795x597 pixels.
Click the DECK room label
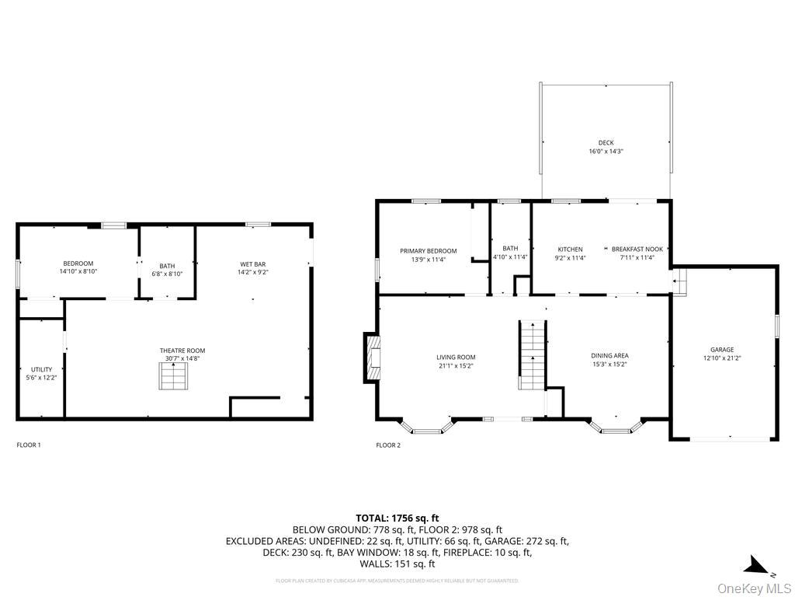606,143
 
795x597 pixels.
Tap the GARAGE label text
721,350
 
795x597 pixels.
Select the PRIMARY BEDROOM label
428,251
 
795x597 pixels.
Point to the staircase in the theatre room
173,379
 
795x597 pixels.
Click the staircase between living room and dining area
533,354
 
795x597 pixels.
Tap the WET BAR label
253,264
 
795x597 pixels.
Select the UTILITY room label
42,369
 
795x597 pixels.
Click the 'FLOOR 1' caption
29,445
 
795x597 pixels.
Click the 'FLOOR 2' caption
388,445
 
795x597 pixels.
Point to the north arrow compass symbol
755,565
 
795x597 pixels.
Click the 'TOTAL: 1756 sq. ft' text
397,518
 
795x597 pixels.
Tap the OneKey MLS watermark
752,587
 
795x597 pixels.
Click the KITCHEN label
568,250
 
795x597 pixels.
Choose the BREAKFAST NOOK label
637,250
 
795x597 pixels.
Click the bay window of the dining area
616,426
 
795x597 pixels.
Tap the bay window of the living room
426,426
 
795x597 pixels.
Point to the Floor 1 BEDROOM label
78,264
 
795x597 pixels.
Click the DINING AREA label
609,356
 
